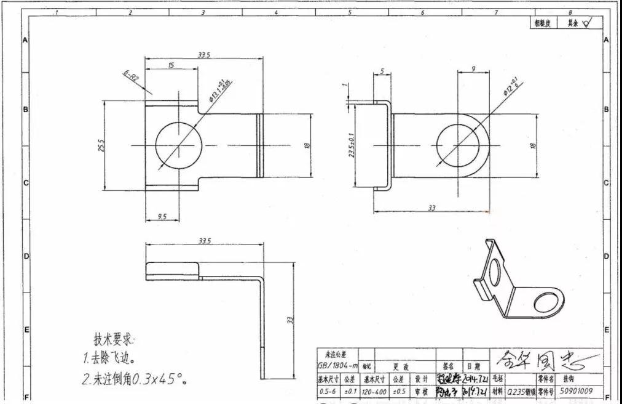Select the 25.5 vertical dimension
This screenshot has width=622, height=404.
(101, 146)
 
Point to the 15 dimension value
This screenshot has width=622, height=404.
(170, 65)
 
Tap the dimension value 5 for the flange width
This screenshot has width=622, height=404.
(382, 71)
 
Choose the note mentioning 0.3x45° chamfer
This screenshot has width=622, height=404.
(135, 378)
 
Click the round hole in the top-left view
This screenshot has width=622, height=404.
(179, 145)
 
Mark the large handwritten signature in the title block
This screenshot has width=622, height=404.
(541, 357)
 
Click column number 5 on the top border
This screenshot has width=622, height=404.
(349, 12)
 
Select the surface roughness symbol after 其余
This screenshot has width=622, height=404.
(586, 23)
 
